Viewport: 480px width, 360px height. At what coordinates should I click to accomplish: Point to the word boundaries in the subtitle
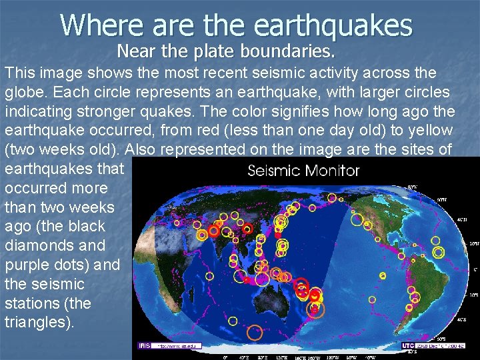(294, 50)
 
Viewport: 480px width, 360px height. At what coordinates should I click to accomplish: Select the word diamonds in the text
(45, 245)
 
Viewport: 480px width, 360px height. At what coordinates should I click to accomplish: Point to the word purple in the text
(33, 265)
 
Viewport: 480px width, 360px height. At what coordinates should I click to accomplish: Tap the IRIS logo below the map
(144, 345)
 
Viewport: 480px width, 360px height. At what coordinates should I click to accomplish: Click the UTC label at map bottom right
(408, 345)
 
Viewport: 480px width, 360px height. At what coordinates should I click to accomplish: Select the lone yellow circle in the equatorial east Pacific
(383, 275)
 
